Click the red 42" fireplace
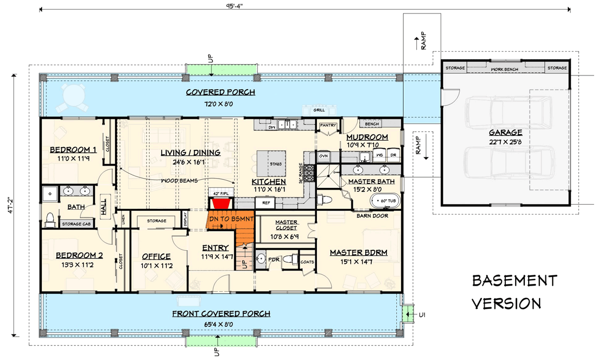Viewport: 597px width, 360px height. pos(220,203)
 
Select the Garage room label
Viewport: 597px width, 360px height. pos(505,132)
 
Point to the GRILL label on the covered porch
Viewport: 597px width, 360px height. pos(319,110)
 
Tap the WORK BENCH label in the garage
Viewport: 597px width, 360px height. pos(505,69)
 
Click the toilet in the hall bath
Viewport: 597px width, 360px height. pos(50,219)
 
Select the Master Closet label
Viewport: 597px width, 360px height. pos(285,225)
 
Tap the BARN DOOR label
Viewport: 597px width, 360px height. pos(371,216)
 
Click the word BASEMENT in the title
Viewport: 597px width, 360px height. pos(514,280)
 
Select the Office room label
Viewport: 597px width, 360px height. pos(156,256)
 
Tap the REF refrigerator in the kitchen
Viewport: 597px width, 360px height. pos(266,203)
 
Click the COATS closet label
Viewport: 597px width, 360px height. pos(307,262)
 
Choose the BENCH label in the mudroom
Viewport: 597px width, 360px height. pos(372,124)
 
